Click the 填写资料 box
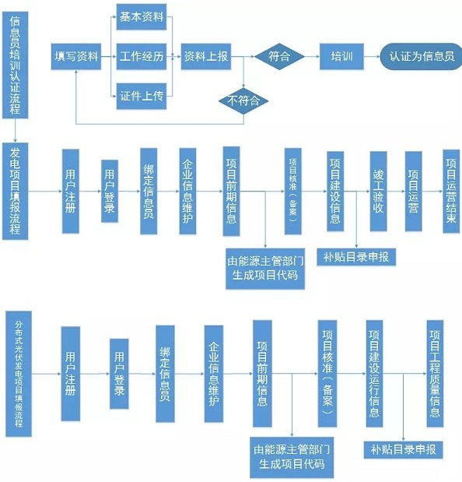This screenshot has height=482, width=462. pos(76,57)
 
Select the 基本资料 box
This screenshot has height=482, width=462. pos(141,16)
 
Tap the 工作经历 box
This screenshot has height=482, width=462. pos(141,57)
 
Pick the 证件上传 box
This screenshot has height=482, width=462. pos(141,96)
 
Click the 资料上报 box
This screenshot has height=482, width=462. pos(205,57)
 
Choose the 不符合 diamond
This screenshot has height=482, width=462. pos(243,100)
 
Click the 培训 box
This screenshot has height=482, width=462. pos(341,57)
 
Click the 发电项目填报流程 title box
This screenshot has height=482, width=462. pos(16,191)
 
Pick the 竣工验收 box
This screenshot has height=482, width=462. pos(379,191)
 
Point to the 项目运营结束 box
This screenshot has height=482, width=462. pos(451,190)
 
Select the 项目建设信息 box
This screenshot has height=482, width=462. pos(336,191)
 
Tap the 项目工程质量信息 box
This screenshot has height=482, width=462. pos(436,372)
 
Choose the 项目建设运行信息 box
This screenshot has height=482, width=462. pos(374,372)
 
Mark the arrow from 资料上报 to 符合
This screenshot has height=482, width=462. pos(243,57)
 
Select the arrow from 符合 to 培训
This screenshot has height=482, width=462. pos(311,57)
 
